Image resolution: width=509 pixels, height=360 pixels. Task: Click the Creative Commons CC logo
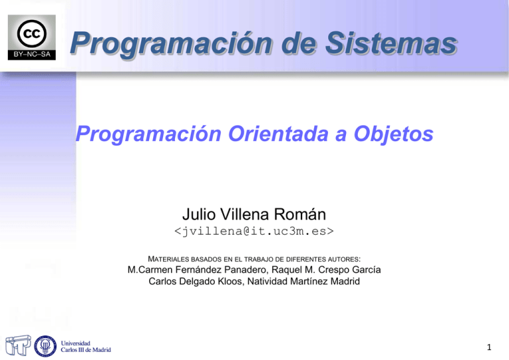32,33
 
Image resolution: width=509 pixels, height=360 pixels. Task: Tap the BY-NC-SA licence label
32,54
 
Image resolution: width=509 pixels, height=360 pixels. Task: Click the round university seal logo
44,345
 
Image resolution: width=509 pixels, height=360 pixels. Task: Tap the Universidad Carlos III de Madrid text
86,345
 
